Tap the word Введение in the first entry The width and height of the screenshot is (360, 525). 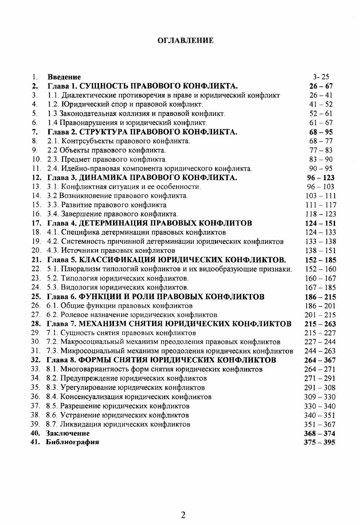click(x=64, y=77)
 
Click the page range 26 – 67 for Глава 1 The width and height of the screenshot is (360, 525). click(x=320, y=86)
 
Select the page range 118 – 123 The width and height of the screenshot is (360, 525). click(x=320, y=214)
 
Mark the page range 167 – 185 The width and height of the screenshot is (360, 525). click(x=320, y=287)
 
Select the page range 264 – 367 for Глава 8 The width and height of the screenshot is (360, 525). click(x=320, y=360)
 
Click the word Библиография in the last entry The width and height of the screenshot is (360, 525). click(x=72, y=442)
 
